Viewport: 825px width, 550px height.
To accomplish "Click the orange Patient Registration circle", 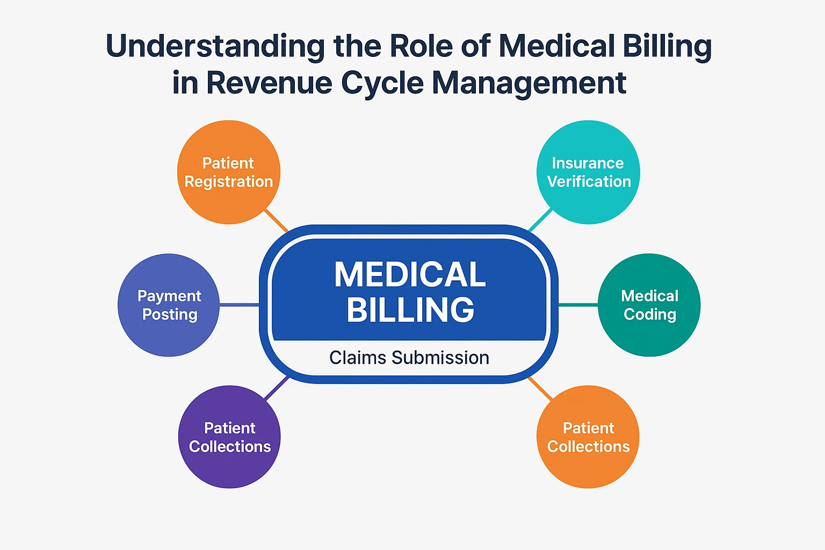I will (228, 172).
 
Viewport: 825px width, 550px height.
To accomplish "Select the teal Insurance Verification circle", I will (588, 172).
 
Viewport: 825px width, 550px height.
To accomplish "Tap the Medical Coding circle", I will (649, 305).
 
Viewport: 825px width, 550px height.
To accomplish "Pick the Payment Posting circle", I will (169, 305).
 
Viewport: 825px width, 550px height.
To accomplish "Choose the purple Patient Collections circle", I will (229, 437).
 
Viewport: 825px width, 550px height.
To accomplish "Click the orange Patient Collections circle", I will (588, 437).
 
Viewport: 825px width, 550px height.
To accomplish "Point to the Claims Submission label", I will (409, 358).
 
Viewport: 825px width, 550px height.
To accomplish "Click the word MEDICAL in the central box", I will (410, 274).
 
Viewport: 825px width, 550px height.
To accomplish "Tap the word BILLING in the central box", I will (410, 310).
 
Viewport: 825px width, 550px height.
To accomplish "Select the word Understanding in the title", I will (215, 47).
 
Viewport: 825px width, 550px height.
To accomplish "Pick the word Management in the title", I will (529, 83).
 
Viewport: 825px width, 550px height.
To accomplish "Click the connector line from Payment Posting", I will (240, 305).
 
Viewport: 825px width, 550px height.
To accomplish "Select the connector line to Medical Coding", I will (578, 305).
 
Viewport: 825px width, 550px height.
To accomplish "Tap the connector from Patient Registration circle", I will (276, 220).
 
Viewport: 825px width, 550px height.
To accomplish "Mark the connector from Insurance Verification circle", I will (540, 220).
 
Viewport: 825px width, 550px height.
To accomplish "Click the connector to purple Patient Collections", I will (277, 388).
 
